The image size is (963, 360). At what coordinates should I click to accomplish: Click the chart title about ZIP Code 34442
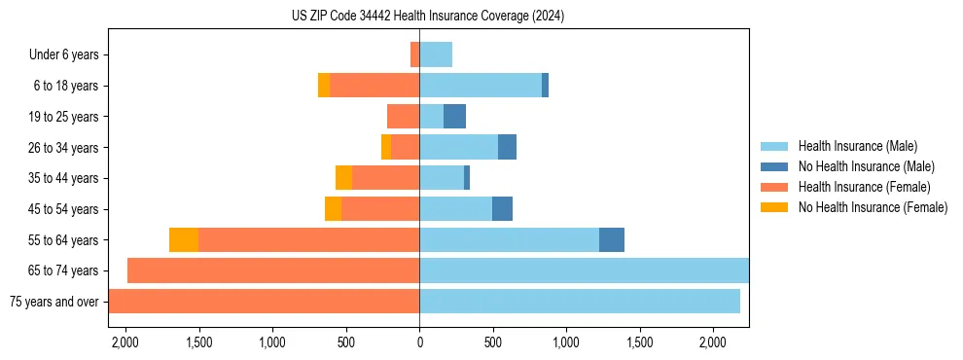428,17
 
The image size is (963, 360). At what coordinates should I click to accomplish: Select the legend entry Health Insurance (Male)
857,146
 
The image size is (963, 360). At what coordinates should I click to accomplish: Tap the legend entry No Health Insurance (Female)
873,207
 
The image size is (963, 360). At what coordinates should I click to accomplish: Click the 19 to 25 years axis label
63,117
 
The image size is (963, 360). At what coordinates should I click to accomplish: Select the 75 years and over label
53,302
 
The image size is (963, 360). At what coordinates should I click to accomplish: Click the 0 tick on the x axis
419,342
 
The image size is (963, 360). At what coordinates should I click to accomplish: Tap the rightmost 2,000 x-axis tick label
713,342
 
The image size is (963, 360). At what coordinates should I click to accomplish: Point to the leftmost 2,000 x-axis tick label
125,342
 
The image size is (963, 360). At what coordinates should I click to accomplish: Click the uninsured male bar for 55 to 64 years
612,240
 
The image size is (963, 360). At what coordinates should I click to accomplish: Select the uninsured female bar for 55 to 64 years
184,240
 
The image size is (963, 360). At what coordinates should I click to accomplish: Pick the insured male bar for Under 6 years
436,55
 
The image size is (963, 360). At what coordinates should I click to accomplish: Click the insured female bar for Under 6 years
414,55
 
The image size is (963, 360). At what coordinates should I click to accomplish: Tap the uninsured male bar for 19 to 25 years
454,117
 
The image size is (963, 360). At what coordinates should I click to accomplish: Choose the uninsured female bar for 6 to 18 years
324,86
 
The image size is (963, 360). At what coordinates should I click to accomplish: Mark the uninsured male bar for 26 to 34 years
507,148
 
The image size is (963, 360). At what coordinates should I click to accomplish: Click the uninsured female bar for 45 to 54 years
333,209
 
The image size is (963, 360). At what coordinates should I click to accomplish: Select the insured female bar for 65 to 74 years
273,270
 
